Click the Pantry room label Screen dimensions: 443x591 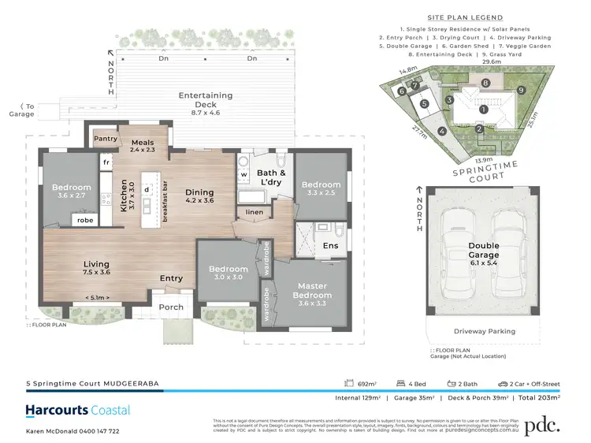pos(105,139)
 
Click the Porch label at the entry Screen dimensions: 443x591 pos(171,307)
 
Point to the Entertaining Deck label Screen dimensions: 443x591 pos(205,99)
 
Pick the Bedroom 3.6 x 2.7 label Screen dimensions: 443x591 pos(72,192)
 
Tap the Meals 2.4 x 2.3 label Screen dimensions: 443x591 pos(143,144)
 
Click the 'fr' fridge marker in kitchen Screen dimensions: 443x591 pos(105,162)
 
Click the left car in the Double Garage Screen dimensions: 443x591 pos(462,251)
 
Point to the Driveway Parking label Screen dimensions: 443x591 pos(484,332)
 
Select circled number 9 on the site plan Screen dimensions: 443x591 pos(520,90)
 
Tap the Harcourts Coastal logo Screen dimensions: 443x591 pos(78,411)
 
